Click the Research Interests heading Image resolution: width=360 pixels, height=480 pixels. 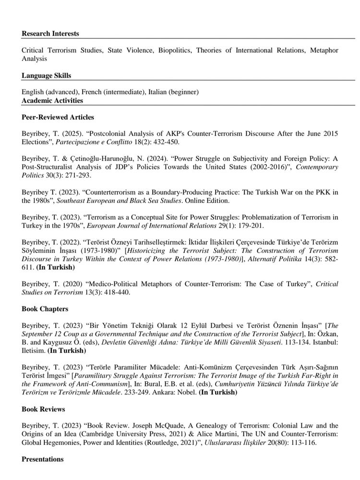point(50,34)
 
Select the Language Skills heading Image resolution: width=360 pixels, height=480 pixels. point(46,75)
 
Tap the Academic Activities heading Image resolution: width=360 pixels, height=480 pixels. point(52,100)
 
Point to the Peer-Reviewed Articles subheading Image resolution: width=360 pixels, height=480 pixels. point(58,117)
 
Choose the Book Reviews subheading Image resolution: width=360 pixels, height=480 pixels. point(44,409)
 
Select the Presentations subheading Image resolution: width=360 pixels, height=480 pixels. point(43,459)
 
